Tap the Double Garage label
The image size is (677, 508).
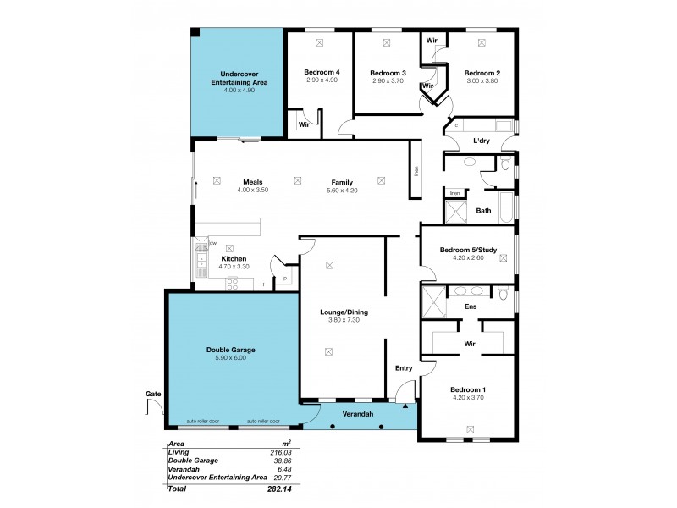[x=231, y=350]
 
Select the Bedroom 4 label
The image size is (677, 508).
[x=322, y=73]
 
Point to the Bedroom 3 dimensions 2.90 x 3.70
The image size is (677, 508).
[x=388, y=82]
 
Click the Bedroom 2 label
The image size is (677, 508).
[x=482, y=73]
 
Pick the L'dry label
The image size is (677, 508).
[x=482, y=141]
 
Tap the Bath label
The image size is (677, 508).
[x=483, y=210]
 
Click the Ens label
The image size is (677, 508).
[x=469, y=306]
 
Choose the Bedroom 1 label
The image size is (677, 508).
[x=469, y=389]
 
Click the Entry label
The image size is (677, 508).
[x=403, y=367]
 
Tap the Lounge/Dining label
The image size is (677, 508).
[x=344, y=312]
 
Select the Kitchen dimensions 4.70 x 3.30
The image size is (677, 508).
[x=234, y=267]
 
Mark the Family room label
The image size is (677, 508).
[x=342, y=182]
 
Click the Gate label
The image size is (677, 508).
[x=153, y=394]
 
